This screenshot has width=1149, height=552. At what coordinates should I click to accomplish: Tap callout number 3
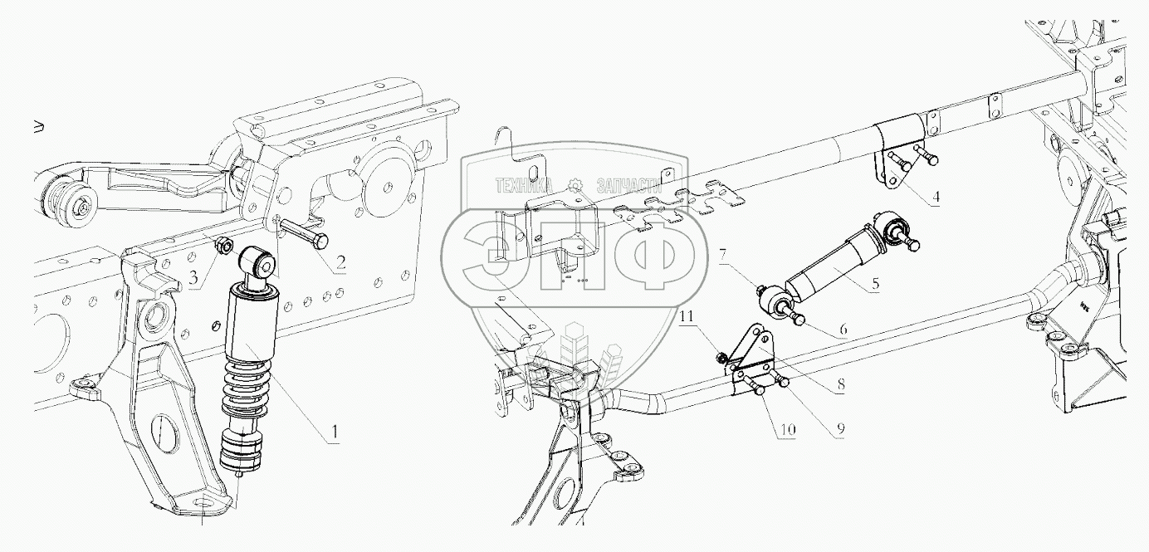tap(193, 278)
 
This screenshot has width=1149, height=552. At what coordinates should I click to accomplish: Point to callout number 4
tap(935, 198)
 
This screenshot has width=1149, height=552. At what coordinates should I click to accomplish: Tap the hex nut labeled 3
tap(222, 246)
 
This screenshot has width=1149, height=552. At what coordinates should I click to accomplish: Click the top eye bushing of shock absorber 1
tap(260, 263)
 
